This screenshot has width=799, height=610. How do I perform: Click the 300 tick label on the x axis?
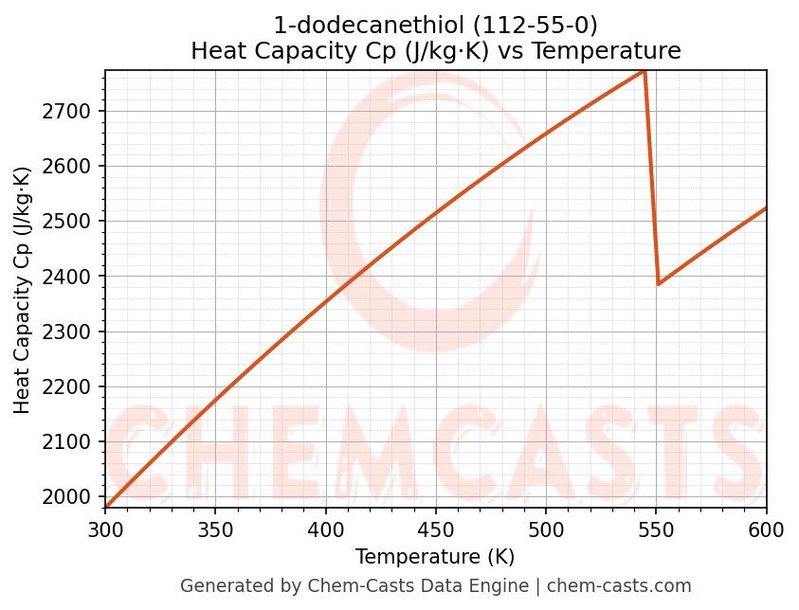tap(105, 529)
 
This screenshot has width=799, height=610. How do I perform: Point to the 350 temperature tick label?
tap(215, 529)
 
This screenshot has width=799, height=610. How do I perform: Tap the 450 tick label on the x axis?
tap(436, 529)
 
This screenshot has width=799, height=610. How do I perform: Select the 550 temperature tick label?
tap(656, 529)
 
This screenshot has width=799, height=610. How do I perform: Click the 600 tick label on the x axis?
tap(766, 529)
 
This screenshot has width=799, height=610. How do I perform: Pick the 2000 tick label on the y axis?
tap(72, 496)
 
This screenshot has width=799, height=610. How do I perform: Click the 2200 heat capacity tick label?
tap(72, 386)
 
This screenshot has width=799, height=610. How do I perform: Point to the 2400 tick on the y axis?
tap(72, 277)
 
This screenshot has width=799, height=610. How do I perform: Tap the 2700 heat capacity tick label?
tap(72, 111)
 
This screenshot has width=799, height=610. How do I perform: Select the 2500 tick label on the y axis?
tap(72, 222)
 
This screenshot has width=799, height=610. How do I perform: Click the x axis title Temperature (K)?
tap(435, 557)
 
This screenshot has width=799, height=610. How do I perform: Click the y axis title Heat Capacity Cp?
tap(23, 290)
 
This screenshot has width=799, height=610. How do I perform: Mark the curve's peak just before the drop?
tap(644, 71)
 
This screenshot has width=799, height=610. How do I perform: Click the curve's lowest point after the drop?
tap(659, 283)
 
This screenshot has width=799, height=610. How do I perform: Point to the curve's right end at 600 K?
tap(766, 208)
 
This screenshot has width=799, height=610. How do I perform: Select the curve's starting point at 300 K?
tap(105, 508)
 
